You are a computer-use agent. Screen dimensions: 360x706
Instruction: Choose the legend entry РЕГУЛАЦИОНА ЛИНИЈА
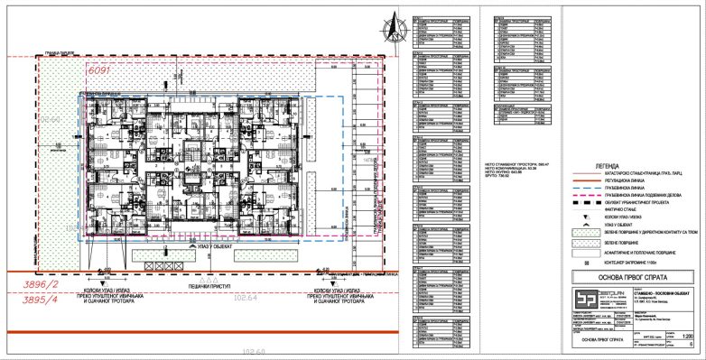619,180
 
